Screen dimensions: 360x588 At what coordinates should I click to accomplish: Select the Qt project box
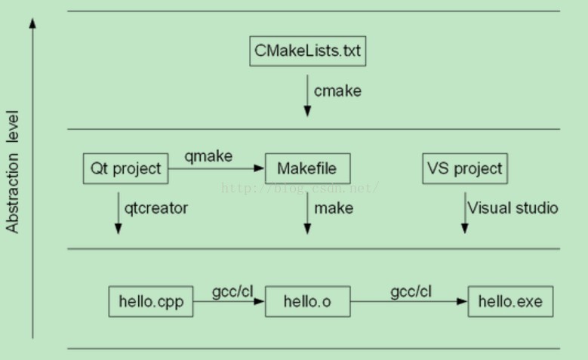point(125,168)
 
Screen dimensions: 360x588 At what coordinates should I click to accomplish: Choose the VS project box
point(464,168)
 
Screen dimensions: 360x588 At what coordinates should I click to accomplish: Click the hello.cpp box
point(151,302)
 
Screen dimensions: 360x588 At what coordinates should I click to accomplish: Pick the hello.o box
point(308,302)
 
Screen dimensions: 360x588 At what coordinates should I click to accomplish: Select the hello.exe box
point(509,302)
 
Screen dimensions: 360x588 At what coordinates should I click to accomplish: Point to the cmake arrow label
point(338,91)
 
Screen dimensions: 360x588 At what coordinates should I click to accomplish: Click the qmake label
point(209,156)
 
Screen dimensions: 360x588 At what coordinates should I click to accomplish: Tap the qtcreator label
point(156,208)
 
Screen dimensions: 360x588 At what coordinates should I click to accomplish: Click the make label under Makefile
point(334,208)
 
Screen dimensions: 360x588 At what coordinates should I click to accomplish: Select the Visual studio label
point(513,208)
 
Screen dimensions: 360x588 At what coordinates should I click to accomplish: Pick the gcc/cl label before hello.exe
point(411,291)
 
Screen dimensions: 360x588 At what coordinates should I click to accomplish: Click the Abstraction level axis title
point(13,172)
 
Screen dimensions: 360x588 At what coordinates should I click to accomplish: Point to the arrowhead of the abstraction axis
point(32,23)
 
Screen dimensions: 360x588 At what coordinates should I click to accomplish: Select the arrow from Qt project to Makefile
point(216,169)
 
